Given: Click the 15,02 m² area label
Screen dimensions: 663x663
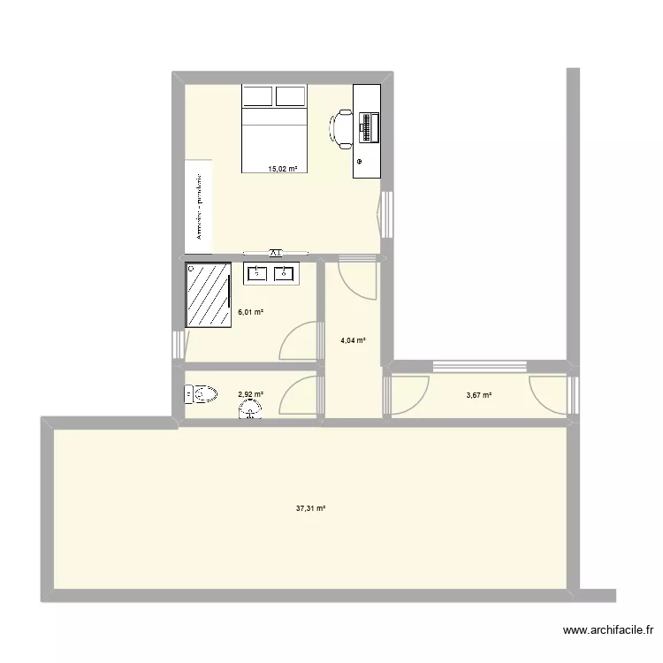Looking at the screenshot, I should click(x=283, y=168).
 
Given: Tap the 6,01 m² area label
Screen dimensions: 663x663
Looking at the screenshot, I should click(x=251, y=312).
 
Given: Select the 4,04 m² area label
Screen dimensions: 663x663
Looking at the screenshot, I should click(x=354, y=340).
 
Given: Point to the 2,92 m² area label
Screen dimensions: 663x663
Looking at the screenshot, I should click(x=250, y=394).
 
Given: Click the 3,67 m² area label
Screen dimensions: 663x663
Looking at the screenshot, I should click(x=479, y=394).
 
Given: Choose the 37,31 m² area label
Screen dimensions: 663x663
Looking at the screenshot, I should click(x=311, y=508).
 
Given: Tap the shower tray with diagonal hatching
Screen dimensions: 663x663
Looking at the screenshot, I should click(x=209, y=294).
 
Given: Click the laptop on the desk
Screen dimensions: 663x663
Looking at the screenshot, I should click(x=367, y=127).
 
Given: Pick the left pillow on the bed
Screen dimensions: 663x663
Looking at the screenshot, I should click(x=257, y=96).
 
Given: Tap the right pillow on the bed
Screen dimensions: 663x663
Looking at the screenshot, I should click(x=291, y=96).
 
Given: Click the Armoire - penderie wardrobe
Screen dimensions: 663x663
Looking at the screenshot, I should click(x=199, y=205).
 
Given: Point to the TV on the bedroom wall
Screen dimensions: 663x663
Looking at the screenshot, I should click(x=275, y=252).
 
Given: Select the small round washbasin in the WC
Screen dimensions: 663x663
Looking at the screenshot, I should click(x=250, y=410).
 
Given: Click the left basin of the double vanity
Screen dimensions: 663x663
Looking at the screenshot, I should click(x=257, y=273).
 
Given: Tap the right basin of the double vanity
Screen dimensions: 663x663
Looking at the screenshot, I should click(x=285, y=273).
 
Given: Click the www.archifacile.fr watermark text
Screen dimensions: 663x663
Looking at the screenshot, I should click(x=607, y=631).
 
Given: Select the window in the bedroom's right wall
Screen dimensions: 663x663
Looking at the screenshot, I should click(x=387, y=214).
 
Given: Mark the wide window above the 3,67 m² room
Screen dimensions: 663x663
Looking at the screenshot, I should click(x=480, y=365).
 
